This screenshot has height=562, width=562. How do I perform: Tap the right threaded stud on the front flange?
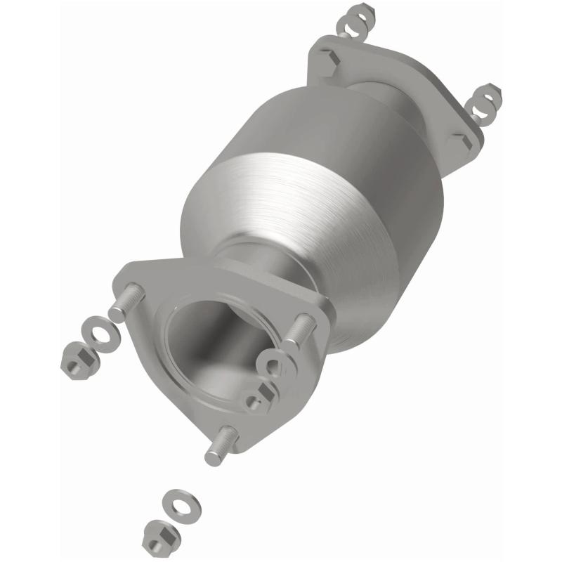click(x=301, y=327)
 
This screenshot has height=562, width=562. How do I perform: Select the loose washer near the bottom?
click(x=177, y=504)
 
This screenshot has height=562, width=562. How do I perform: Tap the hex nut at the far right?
click(x=490, y=93)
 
